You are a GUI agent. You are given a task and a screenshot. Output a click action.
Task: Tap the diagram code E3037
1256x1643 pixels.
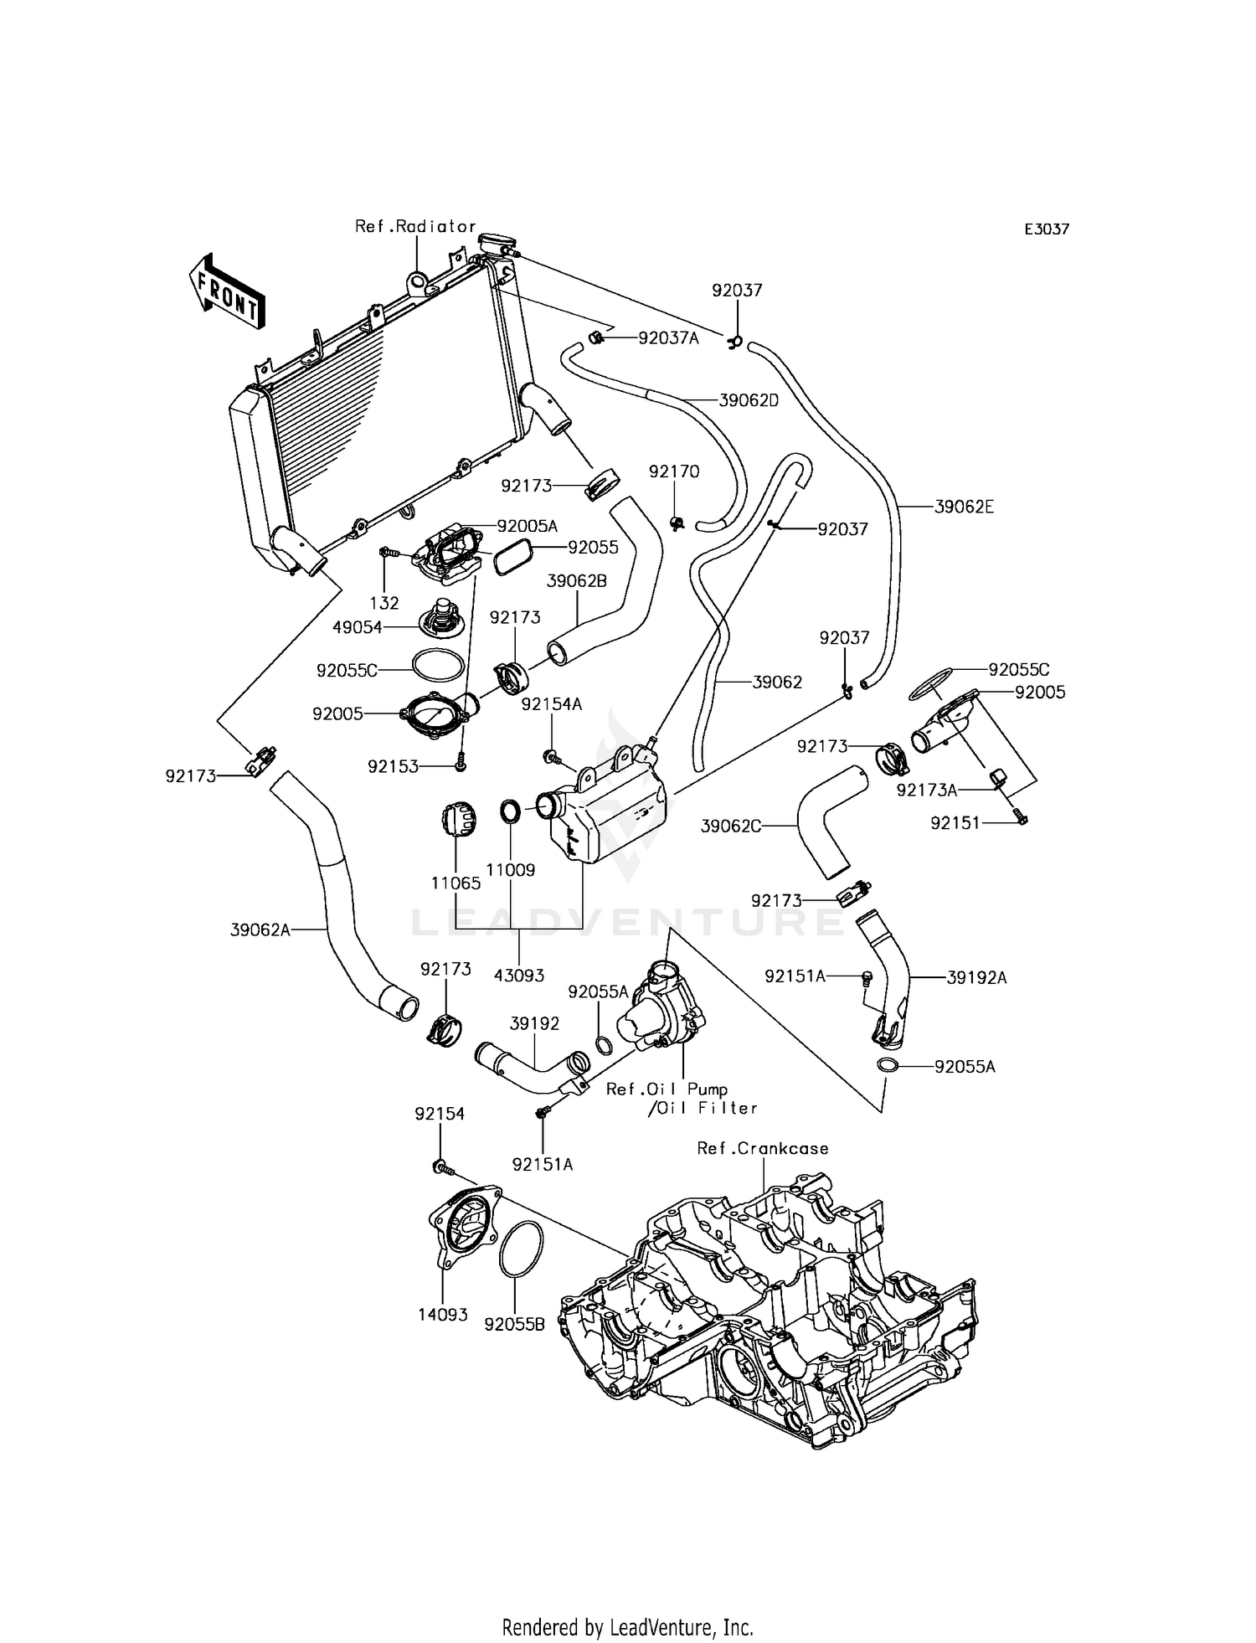(1047, 229)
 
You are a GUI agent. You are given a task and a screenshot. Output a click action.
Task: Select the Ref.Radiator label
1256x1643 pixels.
(415, 226)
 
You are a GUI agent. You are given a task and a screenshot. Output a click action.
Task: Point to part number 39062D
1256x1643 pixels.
(749, 400)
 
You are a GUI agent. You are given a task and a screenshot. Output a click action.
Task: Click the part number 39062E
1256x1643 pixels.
(964, 507)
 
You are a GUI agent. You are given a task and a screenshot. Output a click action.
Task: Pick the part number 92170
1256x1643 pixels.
(674, 471)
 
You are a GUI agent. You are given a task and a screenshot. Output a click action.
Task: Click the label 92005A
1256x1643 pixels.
(527, 526)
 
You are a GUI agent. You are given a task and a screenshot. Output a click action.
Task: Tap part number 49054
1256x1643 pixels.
(358, 627)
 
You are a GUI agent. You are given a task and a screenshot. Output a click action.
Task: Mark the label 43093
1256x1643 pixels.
(519, 975)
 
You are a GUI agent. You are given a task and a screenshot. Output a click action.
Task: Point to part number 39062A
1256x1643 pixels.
(260, 929)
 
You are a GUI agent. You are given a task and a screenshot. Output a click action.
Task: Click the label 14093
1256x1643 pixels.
(443, 1315)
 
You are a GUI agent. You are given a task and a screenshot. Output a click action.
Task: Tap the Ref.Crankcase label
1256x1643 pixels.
(763, 1148)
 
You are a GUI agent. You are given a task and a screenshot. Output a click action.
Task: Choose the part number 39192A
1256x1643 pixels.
(976, 977)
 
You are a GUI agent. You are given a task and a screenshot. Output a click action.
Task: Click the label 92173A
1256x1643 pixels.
(927, 790)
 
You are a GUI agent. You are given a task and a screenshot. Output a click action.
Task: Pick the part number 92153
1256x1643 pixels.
(393, 765)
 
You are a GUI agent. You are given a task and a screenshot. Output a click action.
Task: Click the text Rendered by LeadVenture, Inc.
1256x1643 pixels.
(627, 1627)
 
